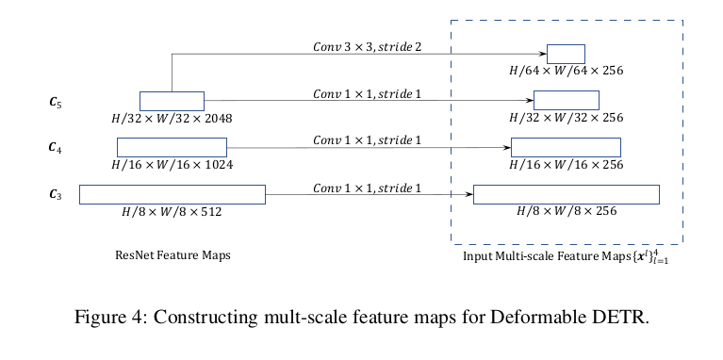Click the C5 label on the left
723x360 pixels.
point(56,101)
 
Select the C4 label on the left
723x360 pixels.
point(56,147)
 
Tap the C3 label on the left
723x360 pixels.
point(56,194)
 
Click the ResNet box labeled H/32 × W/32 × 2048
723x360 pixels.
point(172,101)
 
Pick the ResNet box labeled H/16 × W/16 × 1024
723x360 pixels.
point(172,147)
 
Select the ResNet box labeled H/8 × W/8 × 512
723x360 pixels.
point(172,194)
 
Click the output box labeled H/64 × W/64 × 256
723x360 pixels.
point(566,54)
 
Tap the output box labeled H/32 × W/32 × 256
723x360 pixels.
point(566,100)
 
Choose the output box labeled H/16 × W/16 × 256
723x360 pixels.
point(566,147)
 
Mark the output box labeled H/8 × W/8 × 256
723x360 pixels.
point(566,194)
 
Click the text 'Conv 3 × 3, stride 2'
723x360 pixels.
point(369,46)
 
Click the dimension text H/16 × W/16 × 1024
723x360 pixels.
point(172,165)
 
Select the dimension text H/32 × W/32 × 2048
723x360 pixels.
point(172,119)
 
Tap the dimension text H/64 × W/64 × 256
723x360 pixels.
point(566,72)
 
